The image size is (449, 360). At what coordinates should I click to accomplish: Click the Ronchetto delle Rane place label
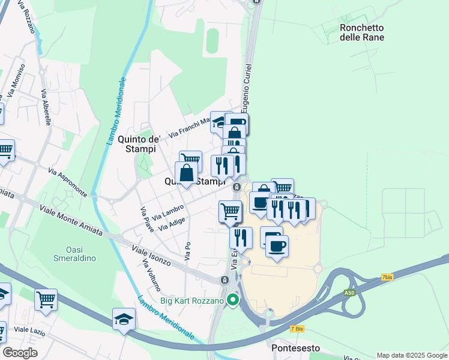coord(361,32)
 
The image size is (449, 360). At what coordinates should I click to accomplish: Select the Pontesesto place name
coord(293,348)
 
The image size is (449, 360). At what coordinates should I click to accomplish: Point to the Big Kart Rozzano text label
coord(191,301)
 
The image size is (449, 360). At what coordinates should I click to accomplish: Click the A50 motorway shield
coord(349,293)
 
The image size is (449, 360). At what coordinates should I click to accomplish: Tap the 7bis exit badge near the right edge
coord(387,277)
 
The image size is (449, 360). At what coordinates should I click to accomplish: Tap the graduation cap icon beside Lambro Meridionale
coord(124,320)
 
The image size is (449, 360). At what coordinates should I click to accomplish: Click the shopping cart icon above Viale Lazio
coord(46,299)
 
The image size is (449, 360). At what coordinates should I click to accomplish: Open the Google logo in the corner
coord(20,352)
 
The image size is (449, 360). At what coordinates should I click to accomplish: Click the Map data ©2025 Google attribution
coord(411,355)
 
